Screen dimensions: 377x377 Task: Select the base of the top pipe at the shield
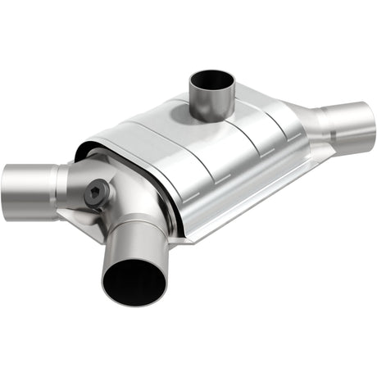coord(211,117)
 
